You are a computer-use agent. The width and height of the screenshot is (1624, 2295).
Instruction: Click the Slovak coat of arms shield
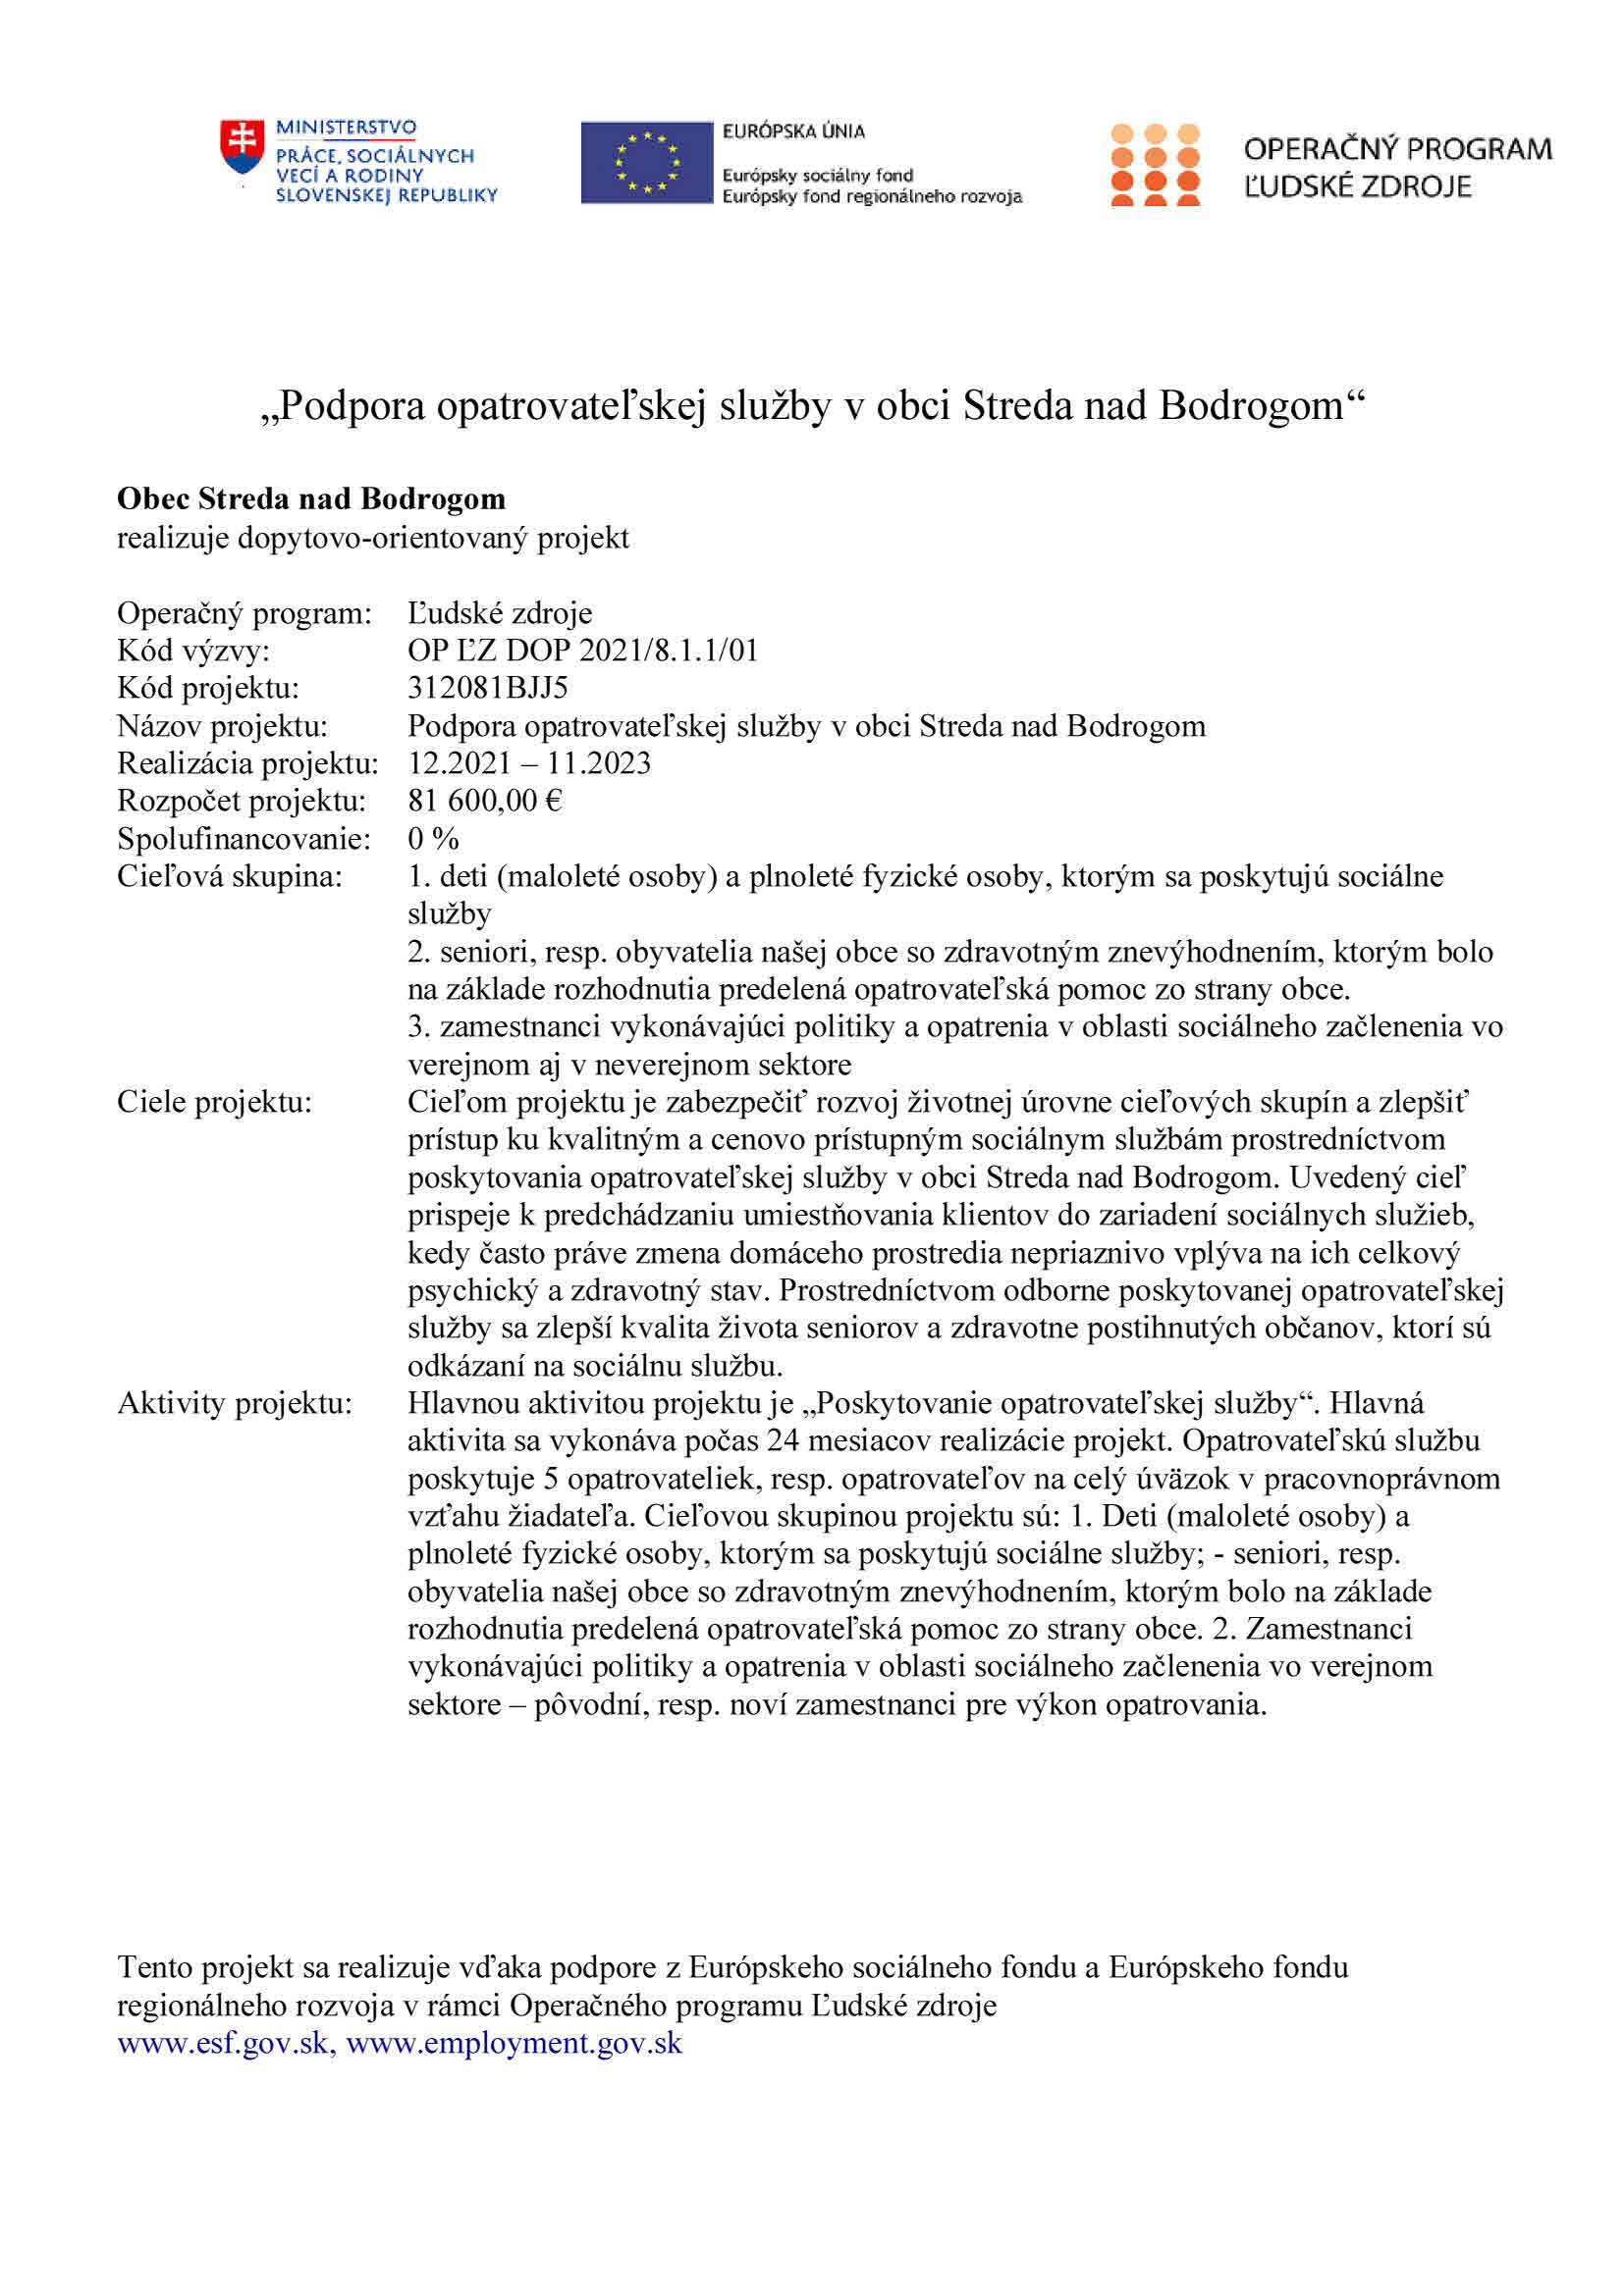[242, 147]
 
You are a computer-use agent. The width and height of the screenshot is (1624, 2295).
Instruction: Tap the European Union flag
[646, 163]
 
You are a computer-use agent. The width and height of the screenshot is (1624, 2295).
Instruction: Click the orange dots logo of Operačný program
[1155, 165]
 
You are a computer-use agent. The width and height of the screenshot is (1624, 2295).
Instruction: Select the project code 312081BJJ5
[487, 688]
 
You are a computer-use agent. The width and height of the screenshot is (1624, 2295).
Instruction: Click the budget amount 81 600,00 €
[485, 801]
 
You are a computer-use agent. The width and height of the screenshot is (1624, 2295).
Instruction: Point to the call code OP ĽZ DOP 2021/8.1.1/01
[583, 651]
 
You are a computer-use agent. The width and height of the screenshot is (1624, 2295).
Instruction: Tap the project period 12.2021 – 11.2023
[529, 763]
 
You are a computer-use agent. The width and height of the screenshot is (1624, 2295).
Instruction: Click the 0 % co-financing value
[433, 839]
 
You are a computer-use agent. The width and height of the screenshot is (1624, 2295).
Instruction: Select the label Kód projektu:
[208, 688]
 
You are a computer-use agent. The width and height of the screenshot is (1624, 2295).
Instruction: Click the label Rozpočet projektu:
[241, 801]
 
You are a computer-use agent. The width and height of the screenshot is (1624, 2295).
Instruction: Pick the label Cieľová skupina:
[229, 876]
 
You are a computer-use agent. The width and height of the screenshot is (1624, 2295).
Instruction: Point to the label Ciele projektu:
[214, 1102]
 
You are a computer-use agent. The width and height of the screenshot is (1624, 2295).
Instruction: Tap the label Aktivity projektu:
[234, 1403]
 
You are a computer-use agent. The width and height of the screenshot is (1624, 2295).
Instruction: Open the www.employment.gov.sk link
[514, 2043]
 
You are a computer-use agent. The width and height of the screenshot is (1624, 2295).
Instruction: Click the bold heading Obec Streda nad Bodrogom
[311, 497]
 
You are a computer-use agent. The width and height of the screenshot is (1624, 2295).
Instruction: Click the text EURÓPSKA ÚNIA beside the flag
[793, 130]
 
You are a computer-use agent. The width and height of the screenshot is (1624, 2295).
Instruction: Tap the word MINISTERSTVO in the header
[346, 128]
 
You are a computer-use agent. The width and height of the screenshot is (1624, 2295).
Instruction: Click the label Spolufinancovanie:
[243, 839]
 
